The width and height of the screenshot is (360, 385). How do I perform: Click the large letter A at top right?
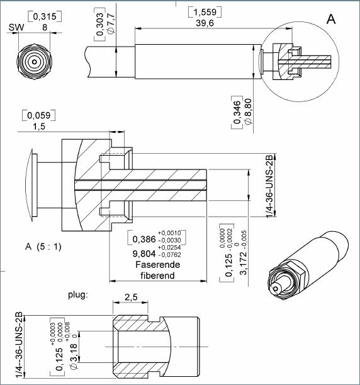tap(331, 20)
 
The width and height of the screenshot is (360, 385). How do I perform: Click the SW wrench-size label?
tap(16, 27)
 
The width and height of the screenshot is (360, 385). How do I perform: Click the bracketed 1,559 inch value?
tap(205, 12)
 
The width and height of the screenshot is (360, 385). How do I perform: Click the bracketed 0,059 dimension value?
tap(39, 116)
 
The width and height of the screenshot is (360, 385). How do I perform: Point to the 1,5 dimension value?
tap(39, 127)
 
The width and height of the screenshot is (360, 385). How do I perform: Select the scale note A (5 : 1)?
tap(44, 246)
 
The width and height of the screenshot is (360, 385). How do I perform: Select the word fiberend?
tap(158, 276)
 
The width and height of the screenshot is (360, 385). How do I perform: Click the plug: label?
tap(79, 294)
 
